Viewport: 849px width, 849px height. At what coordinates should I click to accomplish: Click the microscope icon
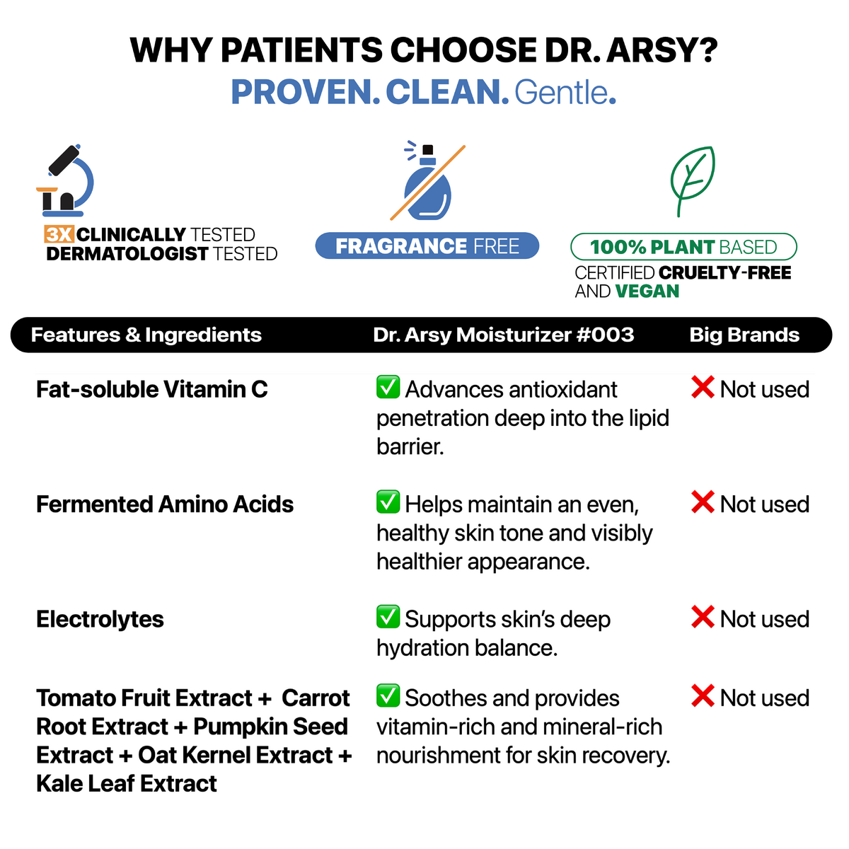[x=65, y=181]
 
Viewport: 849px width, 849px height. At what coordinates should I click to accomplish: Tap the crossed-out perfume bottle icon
[x=427, y=183]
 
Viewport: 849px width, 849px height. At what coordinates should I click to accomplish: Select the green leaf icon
[x=692, y=180]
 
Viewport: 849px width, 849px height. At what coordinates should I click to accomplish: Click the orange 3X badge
[x=59, y=234]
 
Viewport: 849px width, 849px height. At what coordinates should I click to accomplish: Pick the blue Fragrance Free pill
[x=427, y=246]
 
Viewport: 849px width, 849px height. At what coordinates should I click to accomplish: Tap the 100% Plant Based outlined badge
[x=683, y=247]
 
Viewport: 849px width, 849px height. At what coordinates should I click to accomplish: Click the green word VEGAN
[x=647, y=291]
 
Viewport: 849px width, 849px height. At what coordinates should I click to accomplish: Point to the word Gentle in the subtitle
[x=562, y=93]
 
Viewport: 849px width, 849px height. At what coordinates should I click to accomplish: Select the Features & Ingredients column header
[x=146, y=335]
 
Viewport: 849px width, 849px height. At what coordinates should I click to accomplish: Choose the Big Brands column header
[x=744, y=335]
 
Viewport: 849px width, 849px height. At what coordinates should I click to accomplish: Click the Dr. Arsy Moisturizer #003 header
[x=503, y=335]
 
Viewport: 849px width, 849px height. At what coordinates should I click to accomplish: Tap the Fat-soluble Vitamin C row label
[x=152, y=389]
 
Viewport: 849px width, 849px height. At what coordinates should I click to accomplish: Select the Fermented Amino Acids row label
[x=165, y=504]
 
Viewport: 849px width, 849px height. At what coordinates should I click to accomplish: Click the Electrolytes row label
[x=100, y=619]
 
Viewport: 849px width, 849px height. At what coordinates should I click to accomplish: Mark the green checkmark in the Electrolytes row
[x=388, y=617]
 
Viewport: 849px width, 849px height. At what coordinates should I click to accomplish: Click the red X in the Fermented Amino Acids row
[x=703, y=502]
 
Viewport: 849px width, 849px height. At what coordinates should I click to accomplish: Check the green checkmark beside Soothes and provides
[x=388, y=695]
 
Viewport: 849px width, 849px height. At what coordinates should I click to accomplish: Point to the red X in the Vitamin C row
[x=703, y=387]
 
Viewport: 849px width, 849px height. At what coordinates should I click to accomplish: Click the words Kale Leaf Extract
[x=127, y=783]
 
